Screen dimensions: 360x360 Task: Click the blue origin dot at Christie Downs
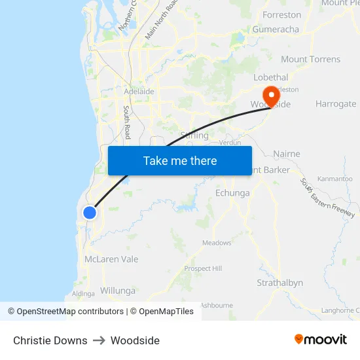point(90,212)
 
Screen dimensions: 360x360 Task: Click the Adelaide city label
point(139,92)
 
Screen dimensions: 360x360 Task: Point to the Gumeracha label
point(276,29)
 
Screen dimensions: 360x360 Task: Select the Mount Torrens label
point(310,59)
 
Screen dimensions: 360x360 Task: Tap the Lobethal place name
point(270,77)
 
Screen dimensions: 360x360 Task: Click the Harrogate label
point(336,103)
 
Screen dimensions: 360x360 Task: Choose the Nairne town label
point(286,154)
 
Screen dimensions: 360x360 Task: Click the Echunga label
point(232,193)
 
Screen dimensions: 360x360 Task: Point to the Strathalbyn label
point(279,283)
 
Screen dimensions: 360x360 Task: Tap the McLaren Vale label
point(111,259)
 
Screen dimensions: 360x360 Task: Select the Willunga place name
point(118,291)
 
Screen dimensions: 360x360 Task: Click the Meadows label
point(217,243)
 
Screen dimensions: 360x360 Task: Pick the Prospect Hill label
point(203,268)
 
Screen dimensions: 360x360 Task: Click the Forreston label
point(281,14)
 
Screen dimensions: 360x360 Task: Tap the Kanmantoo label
point(334,179)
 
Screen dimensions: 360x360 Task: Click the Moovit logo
point(321,340)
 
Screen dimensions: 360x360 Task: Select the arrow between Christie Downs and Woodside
point(99,340)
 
